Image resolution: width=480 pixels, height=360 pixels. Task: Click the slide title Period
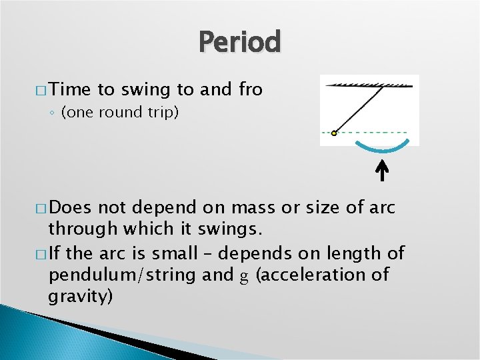(x=240, y=42)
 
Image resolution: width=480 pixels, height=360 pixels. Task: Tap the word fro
(x=250, y=89)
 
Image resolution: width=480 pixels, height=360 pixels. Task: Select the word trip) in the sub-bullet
(x=161, y=113)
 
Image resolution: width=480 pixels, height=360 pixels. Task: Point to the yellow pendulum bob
(x=334, y=133)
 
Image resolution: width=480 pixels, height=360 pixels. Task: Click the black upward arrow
(x=383, y=171)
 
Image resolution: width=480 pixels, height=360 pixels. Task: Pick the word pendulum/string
(x=117, y=275)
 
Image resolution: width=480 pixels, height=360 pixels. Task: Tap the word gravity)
(x=81, y=297)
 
